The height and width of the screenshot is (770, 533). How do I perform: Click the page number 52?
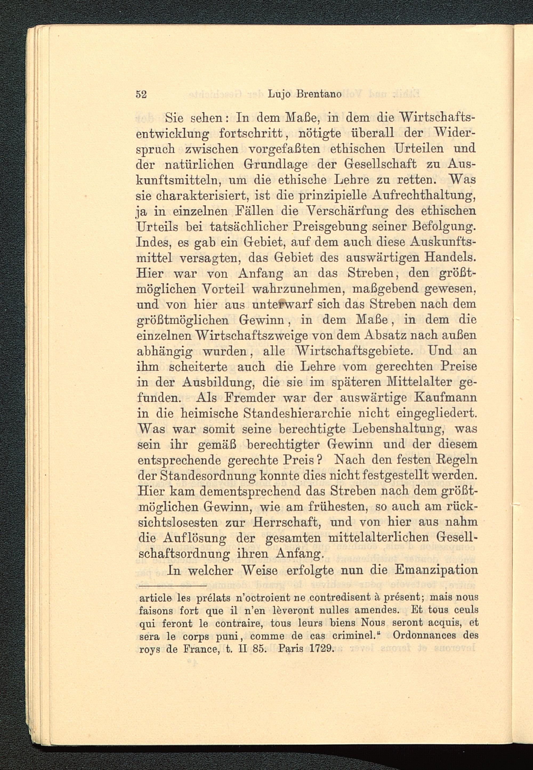(141, 95)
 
